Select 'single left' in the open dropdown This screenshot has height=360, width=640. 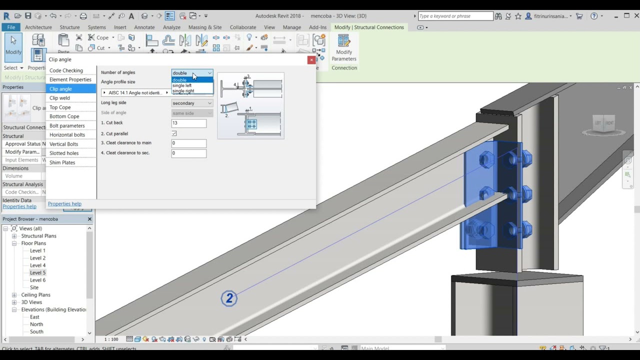click(x=182, y=85)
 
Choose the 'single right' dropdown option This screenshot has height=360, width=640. click(x=183, y=91)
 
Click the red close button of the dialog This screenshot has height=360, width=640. click(x=311, y=60)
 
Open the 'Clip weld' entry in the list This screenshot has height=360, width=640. click(x=59, y=98)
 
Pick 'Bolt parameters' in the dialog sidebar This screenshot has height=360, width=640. click(x=67, y=125)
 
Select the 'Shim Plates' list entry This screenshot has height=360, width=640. click(x=62, y=162)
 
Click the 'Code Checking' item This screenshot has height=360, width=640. click(x=66, y=70)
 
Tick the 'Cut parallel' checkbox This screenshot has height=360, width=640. click(x=174, y=133)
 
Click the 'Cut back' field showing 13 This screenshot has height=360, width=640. click(x=188, y=123)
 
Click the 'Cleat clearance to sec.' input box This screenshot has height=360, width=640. click(x=188, y=153)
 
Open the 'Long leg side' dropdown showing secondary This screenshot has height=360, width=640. click(x=192, y=103)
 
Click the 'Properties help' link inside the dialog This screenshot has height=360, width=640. click(x=64, y=204)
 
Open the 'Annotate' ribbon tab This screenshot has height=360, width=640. click(x=144, y=27)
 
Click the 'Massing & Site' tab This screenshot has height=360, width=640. click(x=205, y=27)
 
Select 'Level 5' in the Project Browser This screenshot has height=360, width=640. click(x=37, y=272)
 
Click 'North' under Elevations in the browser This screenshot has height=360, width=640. click(x=36, y=324)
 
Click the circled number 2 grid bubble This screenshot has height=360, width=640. click(x=229, y=298)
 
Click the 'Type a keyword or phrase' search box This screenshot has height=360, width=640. click(x=455, y=16)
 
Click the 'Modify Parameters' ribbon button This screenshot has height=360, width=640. click(x=344, y=48)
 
